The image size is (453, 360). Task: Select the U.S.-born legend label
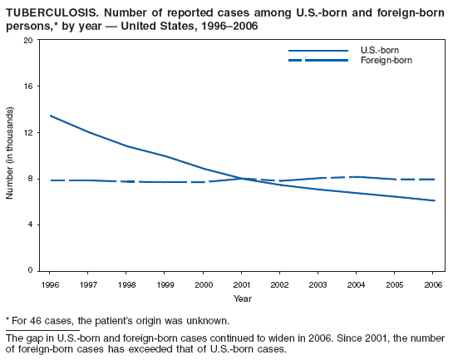[379, 51]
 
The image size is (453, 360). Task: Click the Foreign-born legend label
[386, 62]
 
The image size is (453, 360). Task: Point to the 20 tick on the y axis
[28, 40]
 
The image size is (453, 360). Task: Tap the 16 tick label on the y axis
[28, 86]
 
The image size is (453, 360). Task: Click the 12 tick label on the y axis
[28, 132]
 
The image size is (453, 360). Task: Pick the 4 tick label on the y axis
[30, 224]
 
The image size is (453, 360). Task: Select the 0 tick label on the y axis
[30, 271]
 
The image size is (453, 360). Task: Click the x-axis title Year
[243, 298]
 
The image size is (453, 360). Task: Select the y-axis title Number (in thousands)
[10, 153]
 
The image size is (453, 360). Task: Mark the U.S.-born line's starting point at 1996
[51, 116]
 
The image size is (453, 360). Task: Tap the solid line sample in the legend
[318, 51]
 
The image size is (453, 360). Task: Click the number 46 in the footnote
[34, 320]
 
